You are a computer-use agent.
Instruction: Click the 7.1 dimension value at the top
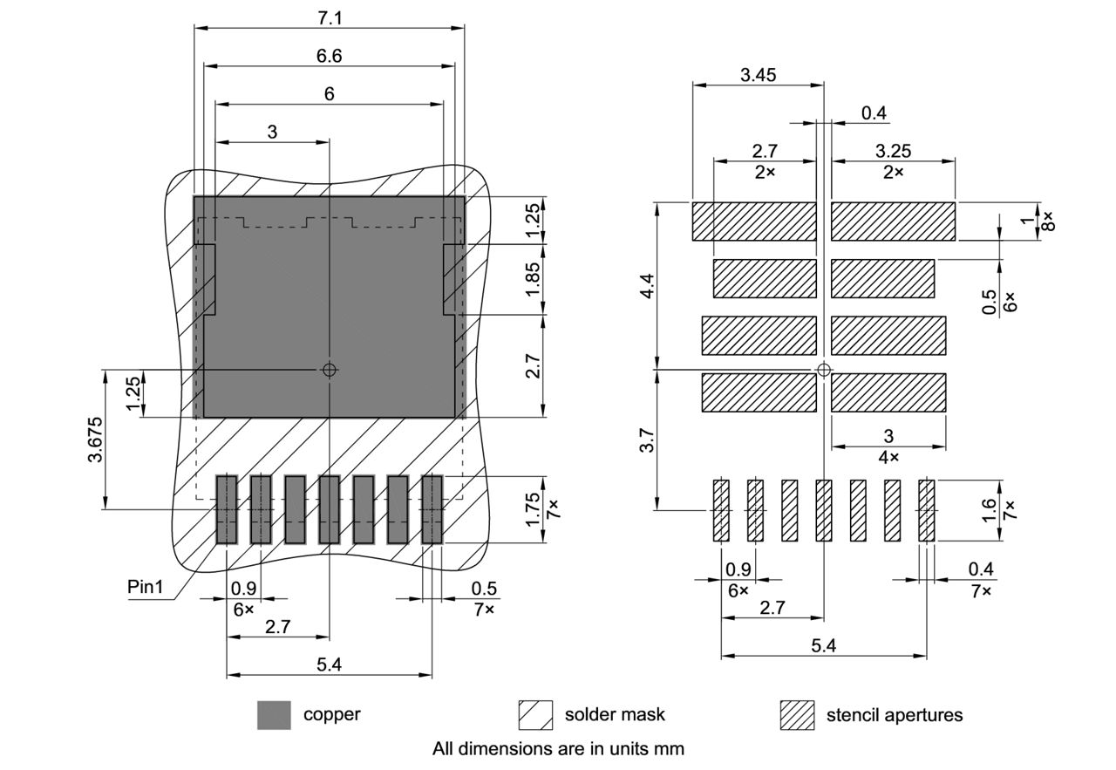(329, 17)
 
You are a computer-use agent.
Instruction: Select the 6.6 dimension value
(329, 55)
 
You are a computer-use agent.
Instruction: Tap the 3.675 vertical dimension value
(96, 440)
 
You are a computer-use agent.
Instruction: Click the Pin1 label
(146, 587)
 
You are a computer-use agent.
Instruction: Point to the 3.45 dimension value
(758, 75)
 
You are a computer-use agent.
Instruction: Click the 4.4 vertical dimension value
(646, 285)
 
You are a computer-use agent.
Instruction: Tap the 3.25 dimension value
(893, 152)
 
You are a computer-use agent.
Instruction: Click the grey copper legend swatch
(274, 715)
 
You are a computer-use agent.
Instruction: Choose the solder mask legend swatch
(535, 715)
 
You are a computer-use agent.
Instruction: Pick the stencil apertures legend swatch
(796, 715)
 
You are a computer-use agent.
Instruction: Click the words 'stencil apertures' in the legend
(895, 715)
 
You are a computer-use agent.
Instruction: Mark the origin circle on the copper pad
(329, 370)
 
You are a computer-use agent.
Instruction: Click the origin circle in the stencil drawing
(823, 370)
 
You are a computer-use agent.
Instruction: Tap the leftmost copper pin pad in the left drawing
(227, 509)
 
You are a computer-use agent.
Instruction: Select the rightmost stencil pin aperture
(926, 510)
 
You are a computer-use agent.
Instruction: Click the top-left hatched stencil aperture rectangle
(754, 221)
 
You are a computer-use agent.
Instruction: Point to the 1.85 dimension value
(534, 279)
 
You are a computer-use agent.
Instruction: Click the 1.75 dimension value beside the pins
(534, 509)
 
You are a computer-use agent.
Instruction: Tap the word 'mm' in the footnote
(671, 748)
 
